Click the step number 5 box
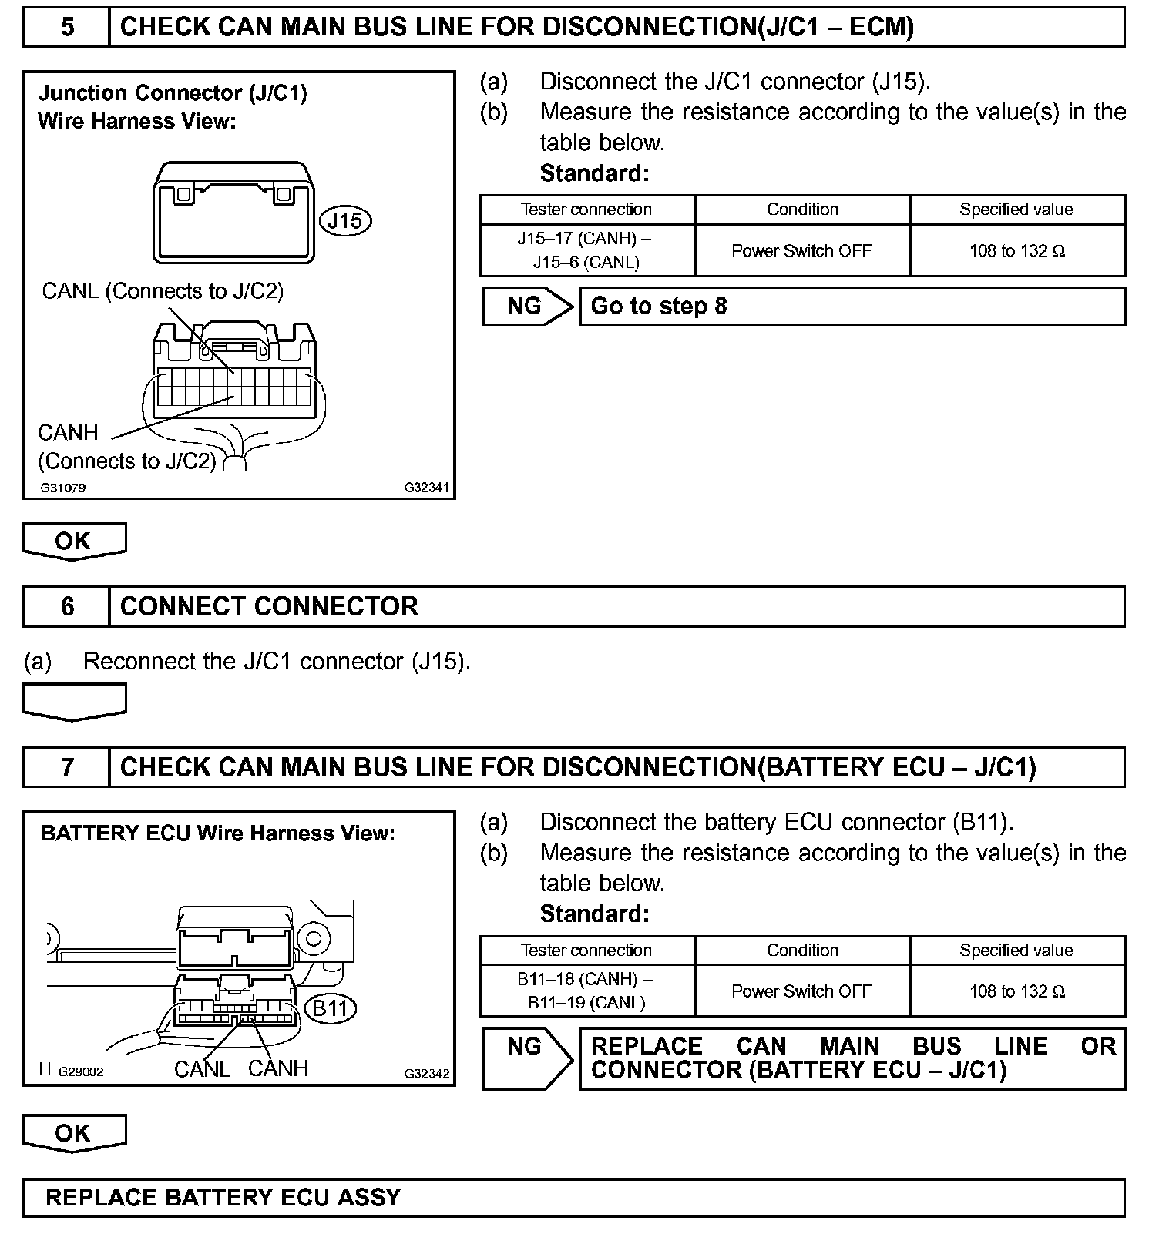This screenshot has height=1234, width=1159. pyautogui.click(x=67, y=28)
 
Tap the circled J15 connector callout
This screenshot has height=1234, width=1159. pyautogui.click(x=344, y=221)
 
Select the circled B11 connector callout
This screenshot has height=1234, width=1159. pyautogui.click(x=331, y=1008)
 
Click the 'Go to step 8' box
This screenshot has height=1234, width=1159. pyautogui.click(x=852, y=307)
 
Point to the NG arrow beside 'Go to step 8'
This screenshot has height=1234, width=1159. pyautogui.click(x=528, y=307)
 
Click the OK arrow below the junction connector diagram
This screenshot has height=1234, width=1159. pyautogui.click(x=74, y=541)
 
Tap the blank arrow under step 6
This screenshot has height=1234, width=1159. pyautogui.click(x=74, y=702)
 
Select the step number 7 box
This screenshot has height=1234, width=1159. pyautogui.click(x=67, y=767)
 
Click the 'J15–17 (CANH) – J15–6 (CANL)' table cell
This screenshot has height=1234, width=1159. pyautogui.click(x=587, y=250)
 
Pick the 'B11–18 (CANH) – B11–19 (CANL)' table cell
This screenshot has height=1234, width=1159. pyautogui.click(x=587, y=991)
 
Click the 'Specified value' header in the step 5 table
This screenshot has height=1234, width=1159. pyautogui.click(x=1016, y=210)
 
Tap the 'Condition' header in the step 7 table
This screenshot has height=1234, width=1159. pyautogui.click(x=802, y=951)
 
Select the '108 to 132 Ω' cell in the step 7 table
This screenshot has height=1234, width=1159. pyautogui.click(x=1016, y=991)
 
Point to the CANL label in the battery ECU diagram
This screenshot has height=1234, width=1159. pyautogui.click(x=202, y=1069)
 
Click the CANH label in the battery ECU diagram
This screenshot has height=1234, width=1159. pyautogui.click(x=278, y=1068)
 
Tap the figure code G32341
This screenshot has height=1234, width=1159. pyautogui.click(x=427, y=488)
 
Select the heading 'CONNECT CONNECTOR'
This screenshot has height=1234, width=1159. pyautogui.click(x=269, y=606)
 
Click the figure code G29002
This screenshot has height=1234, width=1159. pyautogui.click(x=81, y=1071)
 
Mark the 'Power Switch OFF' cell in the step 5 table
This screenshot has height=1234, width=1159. pyautogui.click(x=801, y=250)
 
